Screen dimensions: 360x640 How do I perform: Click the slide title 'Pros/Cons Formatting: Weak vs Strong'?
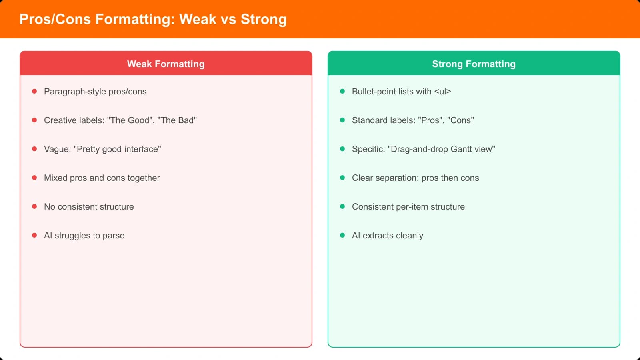[x=153, y=19]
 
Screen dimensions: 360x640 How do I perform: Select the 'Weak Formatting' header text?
[x=166, y=64]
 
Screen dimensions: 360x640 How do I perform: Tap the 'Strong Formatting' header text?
[x=474, y=64]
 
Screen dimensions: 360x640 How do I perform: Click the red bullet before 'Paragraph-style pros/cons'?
[x=34, y=91]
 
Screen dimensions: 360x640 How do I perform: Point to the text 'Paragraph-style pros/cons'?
[x=95, y=92]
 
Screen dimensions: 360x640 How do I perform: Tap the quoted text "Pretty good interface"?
[x=117, y=149]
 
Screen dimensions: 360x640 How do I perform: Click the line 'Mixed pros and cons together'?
[x=102, y=178]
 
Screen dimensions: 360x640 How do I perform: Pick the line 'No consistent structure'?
[x=89, y=207]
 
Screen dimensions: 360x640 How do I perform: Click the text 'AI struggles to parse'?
[x=84, y=236]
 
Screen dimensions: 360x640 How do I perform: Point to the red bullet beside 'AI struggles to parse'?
[x=34, y=235]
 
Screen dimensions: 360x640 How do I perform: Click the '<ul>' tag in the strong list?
[x=442, y=92]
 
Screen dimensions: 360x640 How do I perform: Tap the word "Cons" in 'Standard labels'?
[x=460, y=120]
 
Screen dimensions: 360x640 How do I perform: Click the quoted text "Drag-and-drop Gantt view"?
[x=441, y=149]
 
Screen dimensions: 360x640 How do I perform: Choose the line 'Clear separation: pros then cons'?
[x=415, y=178]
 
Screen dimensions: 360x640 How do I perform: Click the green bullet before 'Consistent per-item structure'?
[x=342, y=206]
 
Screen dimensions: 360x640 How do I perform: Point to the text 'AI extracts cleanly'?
[x=387, y=236]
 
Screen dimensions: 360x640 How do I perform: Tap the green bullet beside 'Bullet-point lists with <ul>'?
[x=342, y=91]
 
